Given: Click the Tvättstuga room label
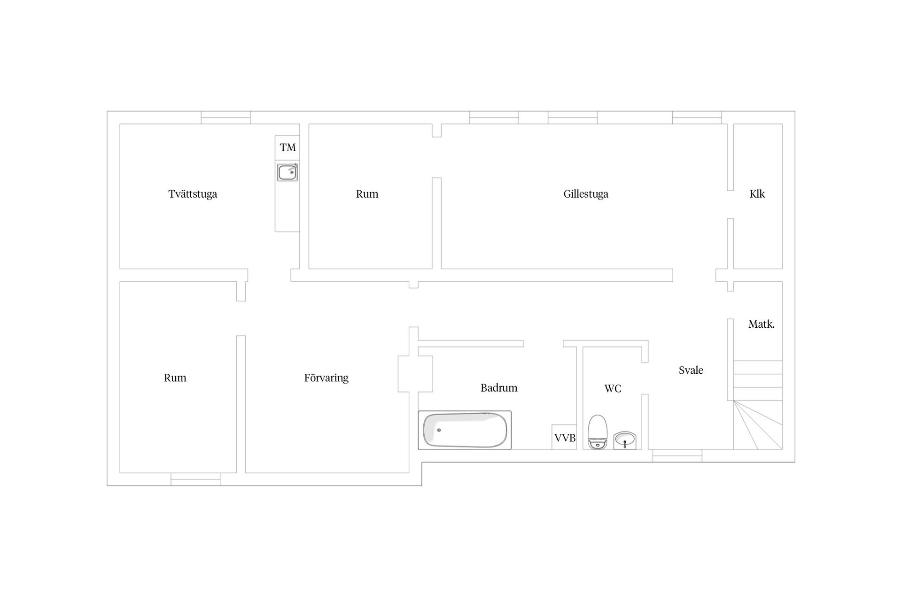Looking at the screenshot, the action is (193, 194).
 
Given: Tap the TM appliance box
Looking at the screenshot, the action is (288, 148).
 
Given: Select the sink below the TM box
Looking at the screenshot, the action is (288, 172).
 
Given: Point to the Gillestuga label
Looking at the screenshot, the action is (586, 194).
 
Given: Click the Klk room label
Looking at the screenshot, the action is (757, 194).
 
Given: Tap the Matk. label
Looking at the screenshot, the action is (762, 324).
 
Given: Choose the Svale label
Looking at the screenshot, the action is (691, 370).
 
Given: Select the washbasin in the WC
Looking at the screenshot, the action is (625, 440).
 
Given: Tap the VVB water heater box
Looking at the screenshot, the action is (564, 437).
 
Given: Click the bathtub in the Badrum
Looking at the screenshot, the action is (465, 430).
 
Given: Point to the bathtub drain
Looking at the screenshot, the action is (439, 430).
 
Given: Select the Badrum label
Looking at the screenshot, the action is (499, 388).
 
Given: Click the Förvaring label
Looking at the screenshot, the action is (326, 378).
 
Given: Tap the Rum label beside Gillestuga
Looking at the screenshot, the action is (367, 194).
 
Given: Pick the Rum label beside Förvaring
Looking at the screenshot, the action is (175, 378).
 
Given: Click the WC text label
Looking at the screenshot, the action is (613, 389).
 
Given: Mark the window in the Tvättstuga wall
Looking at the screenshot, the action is (225, 117).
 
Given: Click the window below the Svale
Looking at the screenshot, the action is (677, 455).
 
